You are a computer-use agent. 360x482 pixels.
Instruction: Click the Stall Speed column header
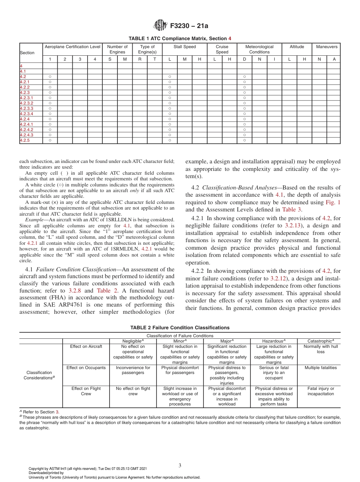point(185,47)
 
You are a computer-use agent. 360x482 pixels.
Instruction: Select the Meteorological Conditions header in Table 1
point(259,49)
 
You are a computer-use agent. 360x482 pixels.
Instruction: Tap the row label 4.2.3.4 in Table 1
point(27,114)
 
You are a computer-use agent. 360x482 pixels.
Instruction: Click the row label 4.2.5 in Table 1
point(25,140)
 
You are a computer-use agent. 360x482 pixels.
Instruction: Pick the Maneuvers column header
point(327,47)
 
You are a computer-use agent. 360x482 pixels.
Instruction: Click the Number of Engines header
point(117,49)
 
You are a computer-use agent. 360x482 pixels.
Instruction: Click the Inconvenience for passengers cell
point(133,370)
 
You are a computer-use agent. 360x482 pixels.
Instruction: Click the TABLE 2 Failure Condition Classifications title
point(180,327)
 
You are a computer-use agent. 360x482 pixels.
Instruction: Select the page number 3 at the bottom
point(180,466)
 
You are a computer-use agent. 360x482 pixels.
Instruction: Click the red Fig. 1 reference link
point(333,202)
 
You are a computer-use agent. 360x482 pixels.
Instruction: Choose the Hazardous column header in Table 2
point(274,341)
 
